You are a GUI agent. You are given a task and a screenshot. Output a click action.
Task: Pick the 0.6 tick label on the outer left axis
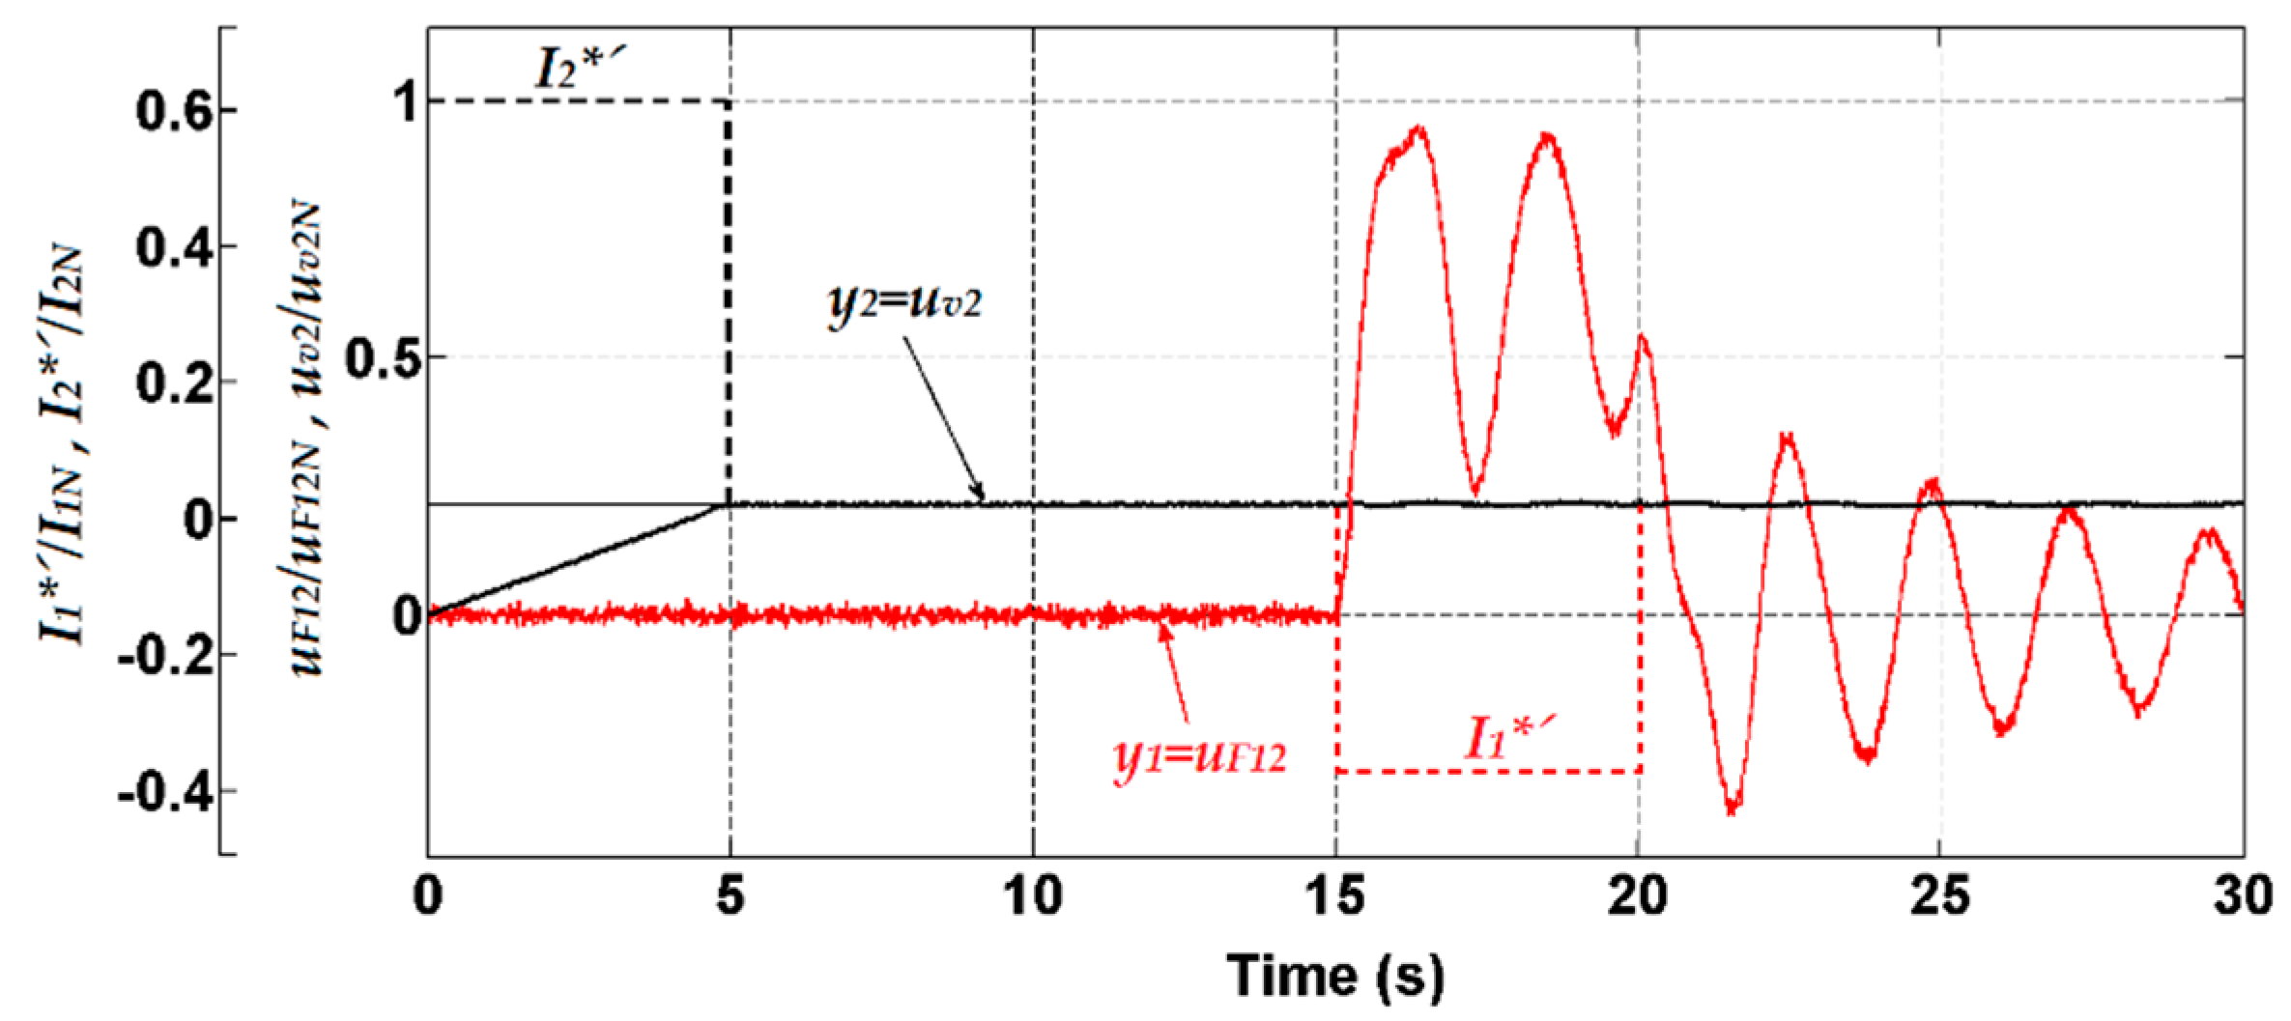[174, 113]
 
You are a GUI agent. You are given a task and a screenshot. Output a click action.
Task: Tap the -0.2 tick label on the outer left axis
[162, 658]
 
